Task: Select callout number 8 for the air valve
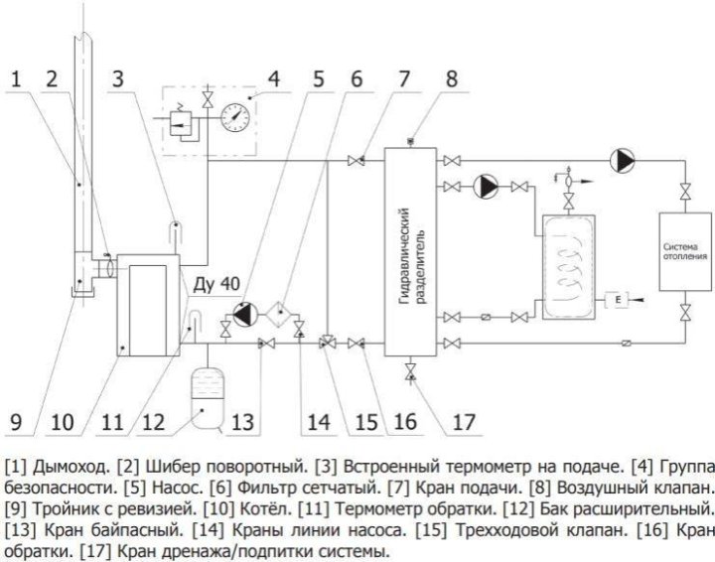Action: pyautogui.click(x=453, y=77)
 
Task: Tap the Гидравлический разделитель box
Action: pyautogui.click(x=411, y=253)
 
